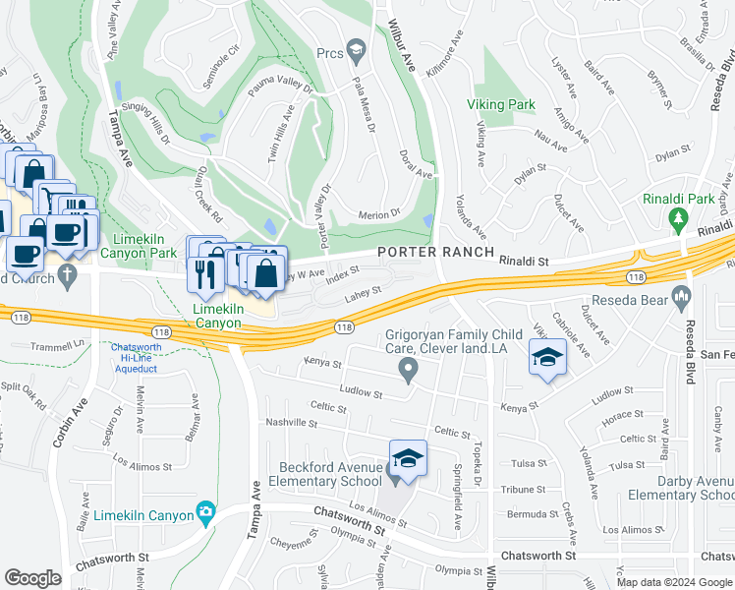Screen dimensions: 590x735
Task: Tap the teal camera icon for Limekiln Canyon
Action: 204,510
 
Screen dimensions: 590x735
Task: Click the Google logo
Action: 32,578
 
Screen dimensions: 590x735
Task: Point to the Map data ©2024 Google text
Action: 674,582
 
